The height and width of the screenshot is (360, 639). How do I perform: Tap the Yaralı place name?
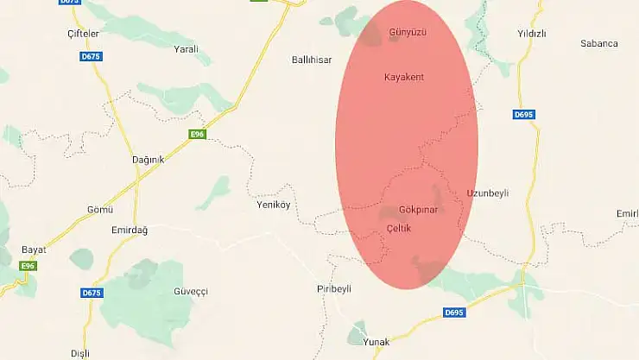(x=187, y=49)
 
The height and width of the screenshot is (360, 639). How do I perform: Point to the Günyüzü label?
(x=408, y=32)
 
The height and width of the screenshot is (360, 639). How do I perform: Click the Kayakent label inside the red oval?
(x=404, y=77)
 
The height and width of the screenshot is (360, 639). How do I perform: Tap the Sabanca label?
(x=599, y=42)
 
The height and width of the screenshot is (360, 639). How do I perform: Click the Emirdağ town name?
(x=130, y=230)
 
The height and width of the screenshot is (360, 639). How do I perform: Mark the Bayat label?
(x=33, y=249)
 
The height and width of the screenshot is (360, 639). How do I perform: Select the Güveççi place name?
(x=191, y=292)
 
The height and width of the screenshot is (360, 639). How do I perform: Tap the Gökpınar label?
(x=419, y=210)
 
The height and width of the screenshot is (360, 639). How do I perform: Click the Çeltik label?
(x=399, y=227)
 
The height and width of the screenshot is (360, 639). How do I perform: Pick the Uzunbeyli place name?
(x=488, y=193)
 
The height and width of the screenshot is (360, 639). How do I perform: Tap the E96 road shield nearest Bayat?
(x=28, y=265)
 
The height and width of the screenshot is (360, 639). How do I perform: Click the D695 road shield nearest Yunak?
(x=454, y=312)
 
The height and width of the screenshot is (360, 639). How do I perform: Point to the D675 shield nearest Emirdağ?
(x=92, y=294)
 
